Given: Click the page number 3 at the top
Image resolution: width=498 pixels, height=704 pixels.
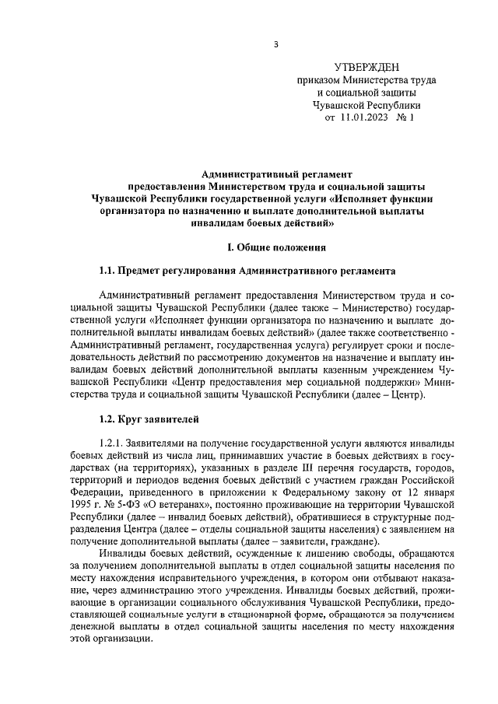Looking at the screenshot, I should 275,43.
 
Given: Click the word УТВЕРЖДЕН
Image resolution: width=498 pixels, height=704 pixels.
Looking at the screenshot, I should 366,68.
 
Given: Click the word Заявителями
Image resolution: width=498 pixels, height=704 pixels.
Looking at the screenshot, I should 154,442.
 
